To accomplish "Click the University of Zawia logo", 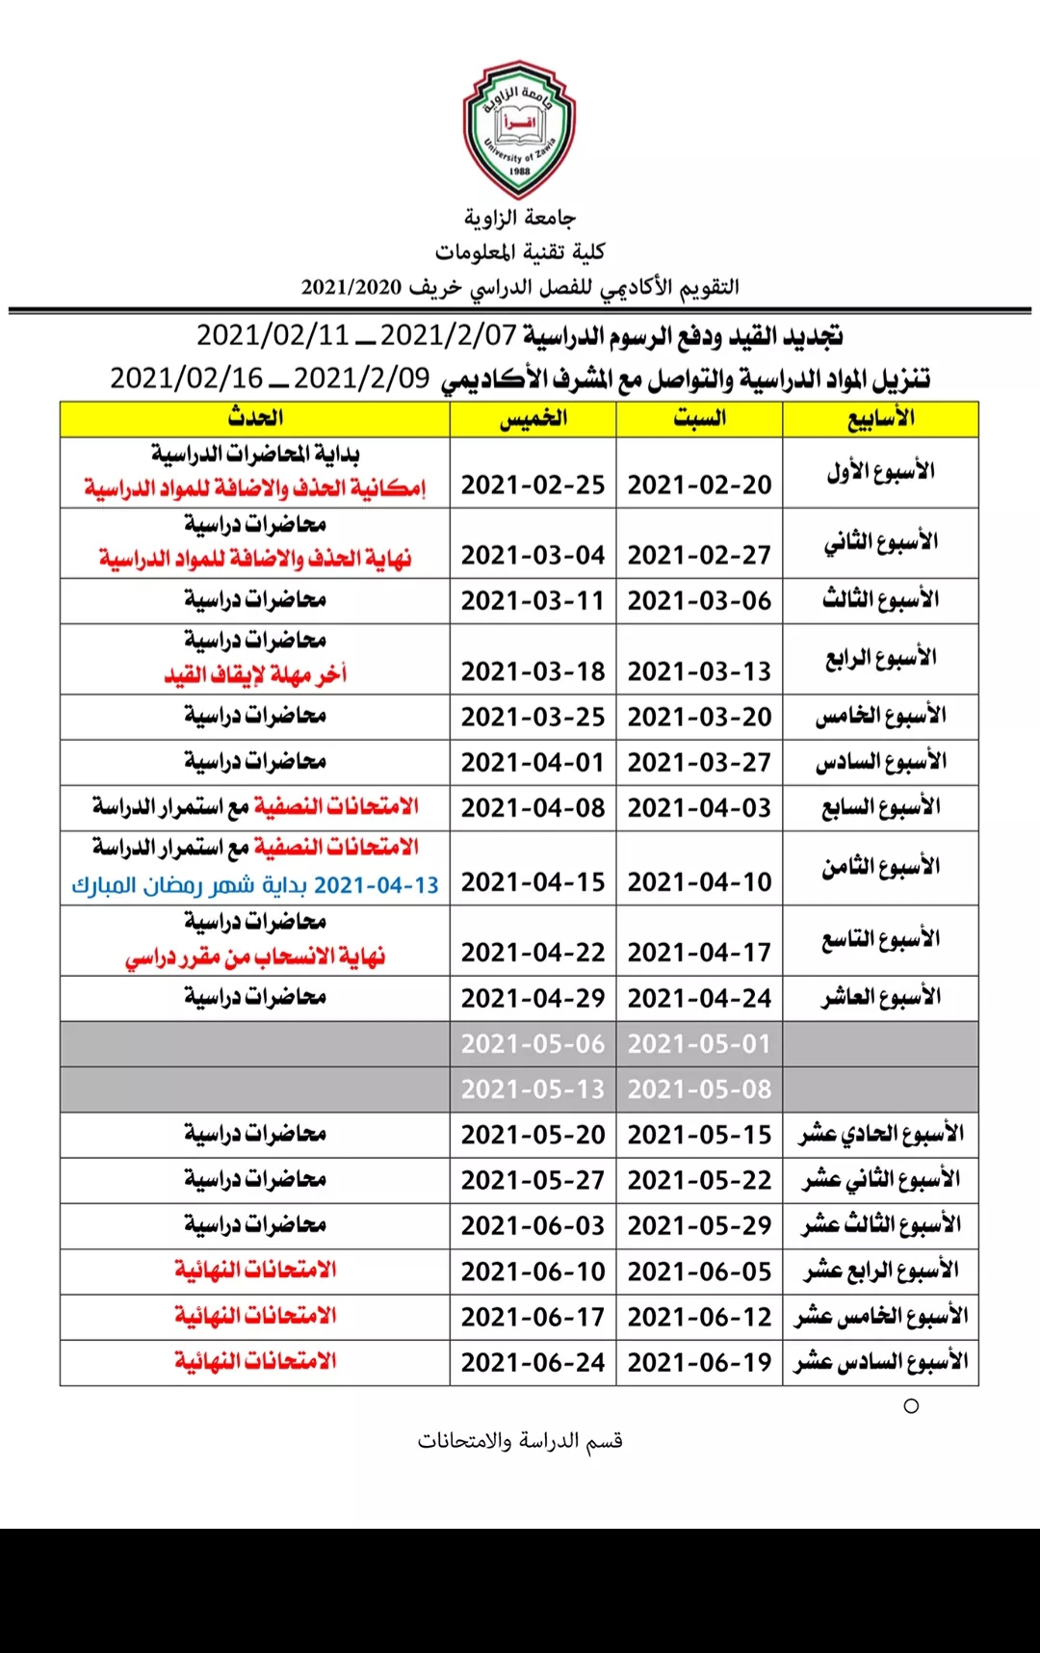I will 519,129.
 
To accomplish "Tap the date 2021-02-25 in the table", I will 533,485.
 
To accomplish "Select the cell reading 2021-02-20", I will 699,485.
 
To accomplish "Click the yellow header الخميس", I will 533,419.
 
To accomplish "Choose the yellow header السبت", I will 699,419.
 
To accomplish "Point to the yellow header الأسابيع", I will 880,419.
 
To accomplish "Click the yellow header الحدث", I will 255,419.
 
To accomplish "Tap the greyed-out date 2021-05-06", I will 533,1043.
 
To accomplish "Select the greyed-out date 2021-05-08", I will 699,1089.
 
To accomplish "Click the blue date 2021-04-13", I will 377,885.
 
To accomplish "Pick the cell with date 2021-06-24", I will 533,1362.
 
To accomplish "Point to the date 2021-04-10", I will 699,882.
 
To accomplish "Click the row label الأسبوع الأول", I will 880,472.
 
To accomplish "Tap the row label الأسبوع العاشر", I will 880,998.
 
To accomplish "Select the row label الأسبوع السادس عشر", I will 880,1362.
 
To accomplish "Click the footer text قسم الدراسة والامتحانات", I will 520,1441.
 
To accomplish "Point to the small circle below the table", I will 911,1406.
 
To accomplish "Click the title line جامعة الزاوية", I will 520,219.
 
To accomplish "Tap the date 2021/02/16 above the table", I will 186,378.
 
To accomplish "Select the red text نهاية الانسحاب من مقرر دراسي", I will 255,958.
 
